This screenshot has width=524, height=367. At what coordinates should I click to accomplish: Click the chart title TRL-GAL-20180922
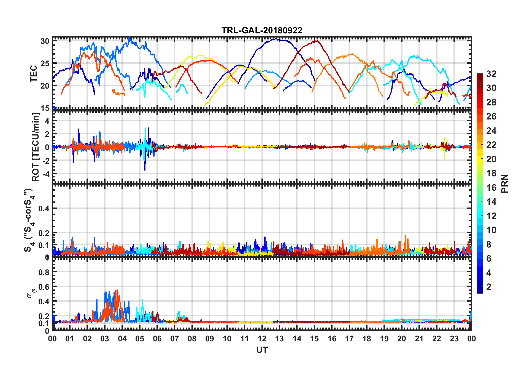coord(262,30)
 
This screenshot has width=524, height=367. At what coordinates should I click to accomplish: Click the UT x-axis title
coord(262,350)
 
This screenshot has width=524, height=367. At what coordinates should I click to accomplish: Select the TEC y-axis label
coord(34,74)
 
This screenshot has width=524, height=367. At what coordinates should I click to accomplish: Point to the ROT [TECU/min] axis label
coord(36,147)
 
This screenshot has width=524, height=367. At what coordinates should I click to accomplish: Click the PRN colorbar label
coord(504,183)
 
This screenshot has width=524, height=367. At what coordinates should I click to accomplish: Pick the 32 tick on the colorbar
coord(491,74)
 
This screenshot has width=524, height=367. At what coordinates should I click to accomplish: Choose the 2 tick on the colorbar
coord(489,287)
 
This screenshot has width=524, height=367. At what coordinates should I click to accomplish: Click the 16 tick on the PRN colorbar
coord(491,188)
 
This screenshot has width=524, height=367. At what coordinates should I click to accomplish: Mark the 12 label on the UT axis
coord(262,339)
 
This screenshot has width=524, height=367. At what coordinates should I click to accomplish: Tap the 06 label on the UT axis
coord(157,339)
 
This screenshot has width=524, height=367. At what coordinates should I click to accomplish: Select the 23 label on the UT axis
coord(454,339)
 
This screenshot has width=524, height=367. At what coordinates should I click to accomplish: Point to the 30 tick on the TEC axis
coord(45,41)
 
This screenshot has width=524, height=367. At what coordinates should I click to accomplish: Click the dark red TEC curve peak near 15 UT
coord(317,41)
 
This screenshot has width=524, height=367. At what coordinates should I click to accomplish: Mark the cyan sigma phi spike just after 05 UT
coord(142,300)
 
